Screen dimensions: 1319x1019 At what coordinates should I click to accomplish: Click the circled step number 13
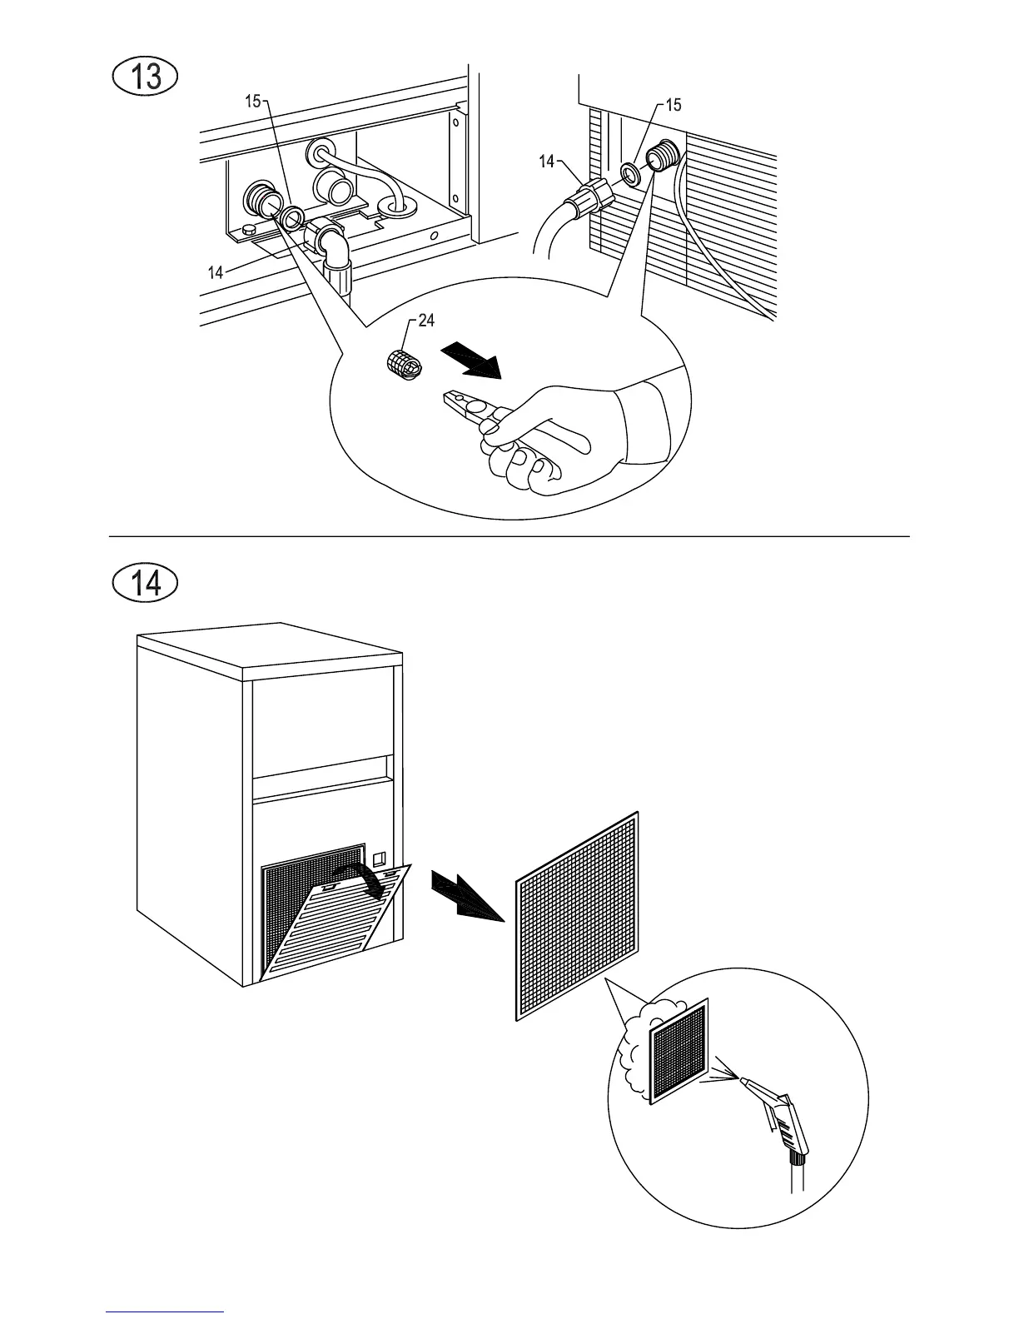coord(146,77)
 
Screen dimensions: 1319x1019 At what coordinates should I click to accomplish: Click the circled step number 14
coord(146,582)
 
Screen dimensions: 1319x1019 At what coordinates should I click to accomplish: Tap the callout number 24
coord(426,322)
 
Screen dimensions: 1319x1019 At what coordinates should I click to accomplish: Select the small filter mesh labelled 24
coord(404,363)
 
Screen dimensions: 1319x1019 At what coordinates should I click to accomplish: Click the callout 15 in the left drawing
coord(252,102)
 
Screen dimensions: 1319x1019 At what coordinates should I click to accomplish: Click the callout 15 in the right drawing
coord(674,105)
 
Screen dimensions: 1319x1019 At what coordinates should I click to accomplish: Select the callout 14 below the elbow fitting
coord(216,271)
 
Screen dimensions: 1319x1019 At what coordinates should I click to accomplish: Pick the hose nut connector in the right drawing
coord(588,200)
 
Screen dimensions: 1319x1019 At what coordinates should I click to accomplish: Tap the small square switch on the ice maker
coord(380,857)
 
